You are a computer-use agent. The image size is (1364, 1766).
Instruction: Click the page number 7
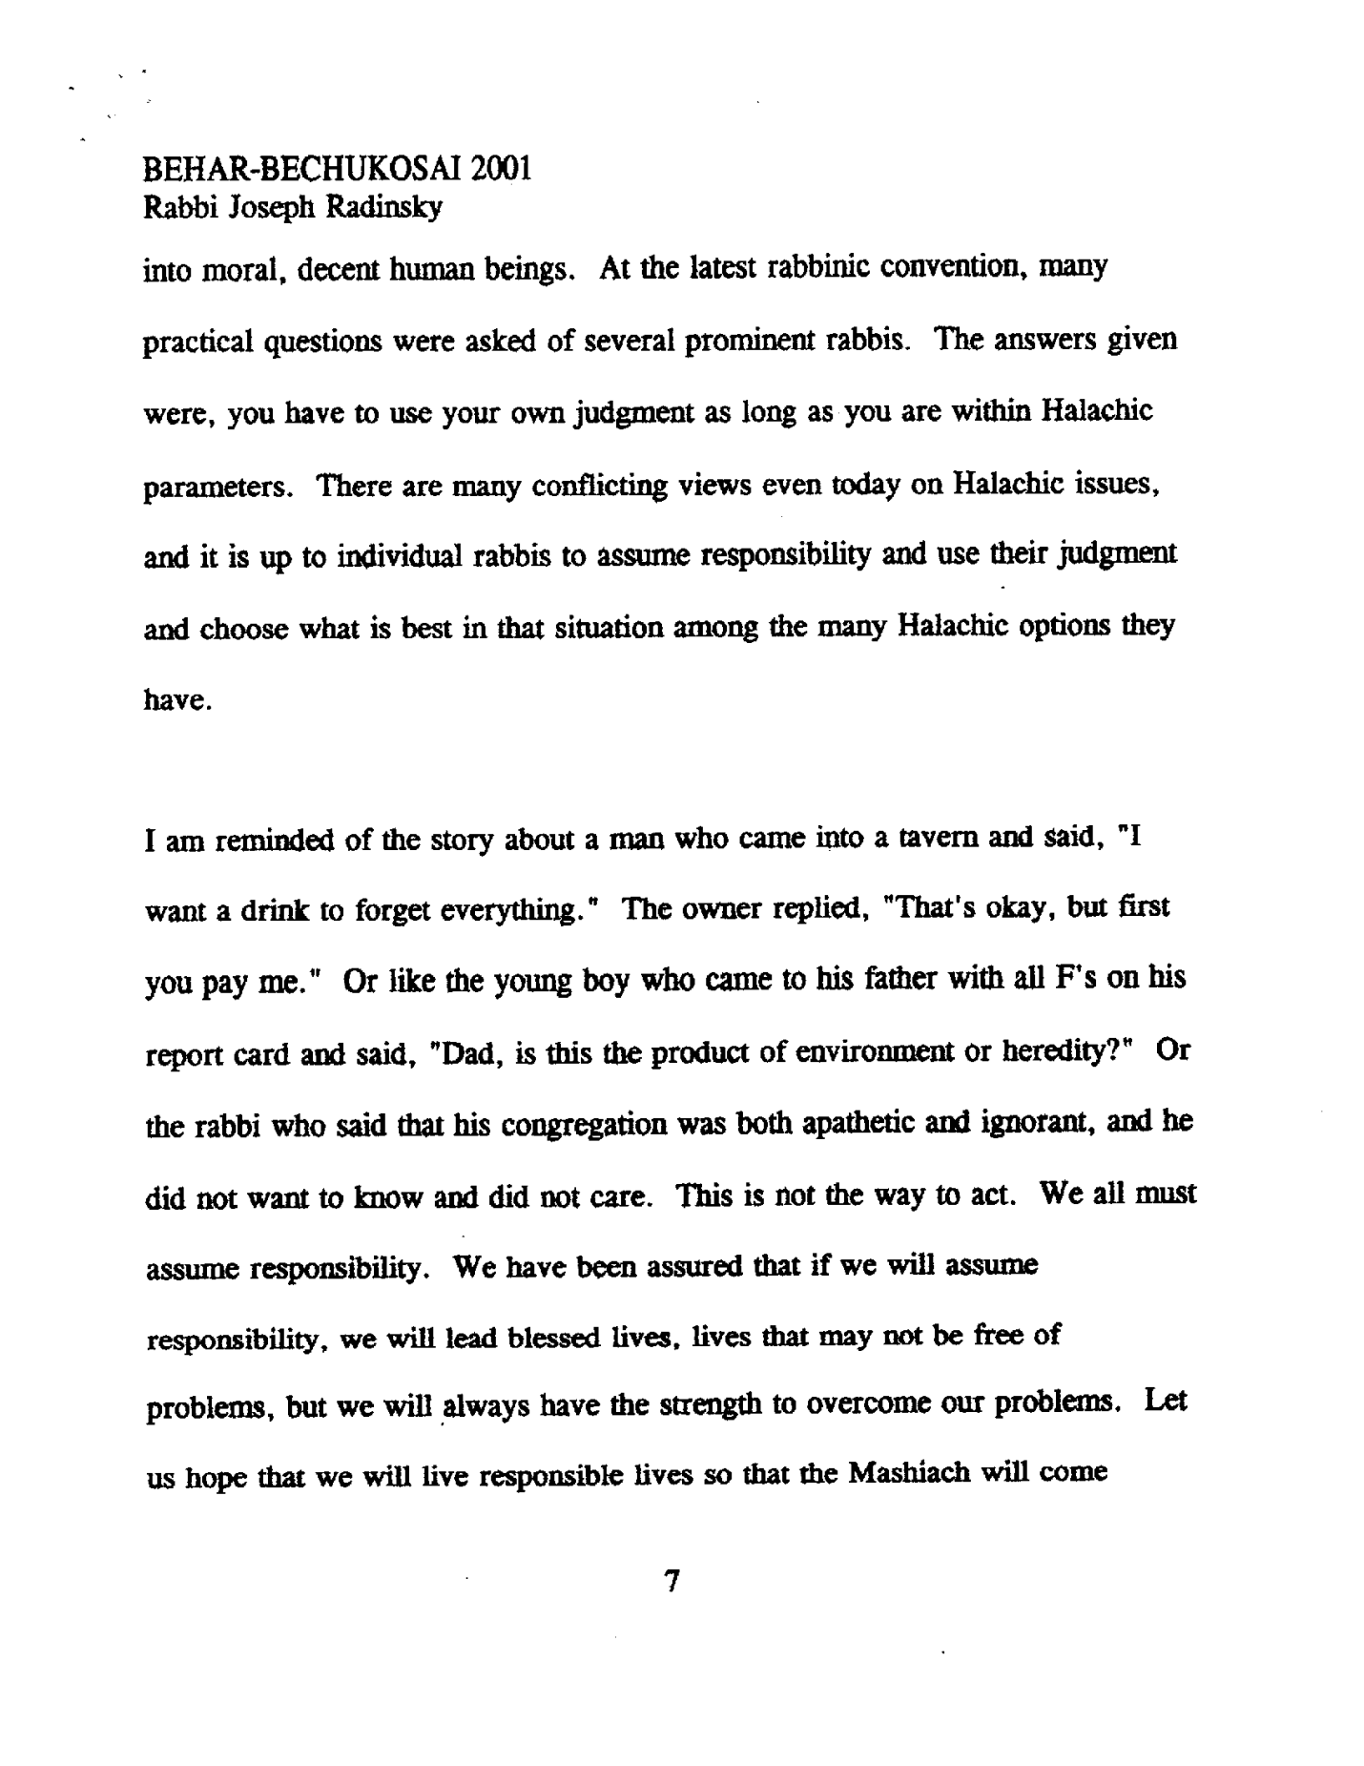click(672, 1582)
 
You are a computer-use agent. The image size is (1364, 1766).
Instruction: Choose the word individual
click(402, 557)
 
